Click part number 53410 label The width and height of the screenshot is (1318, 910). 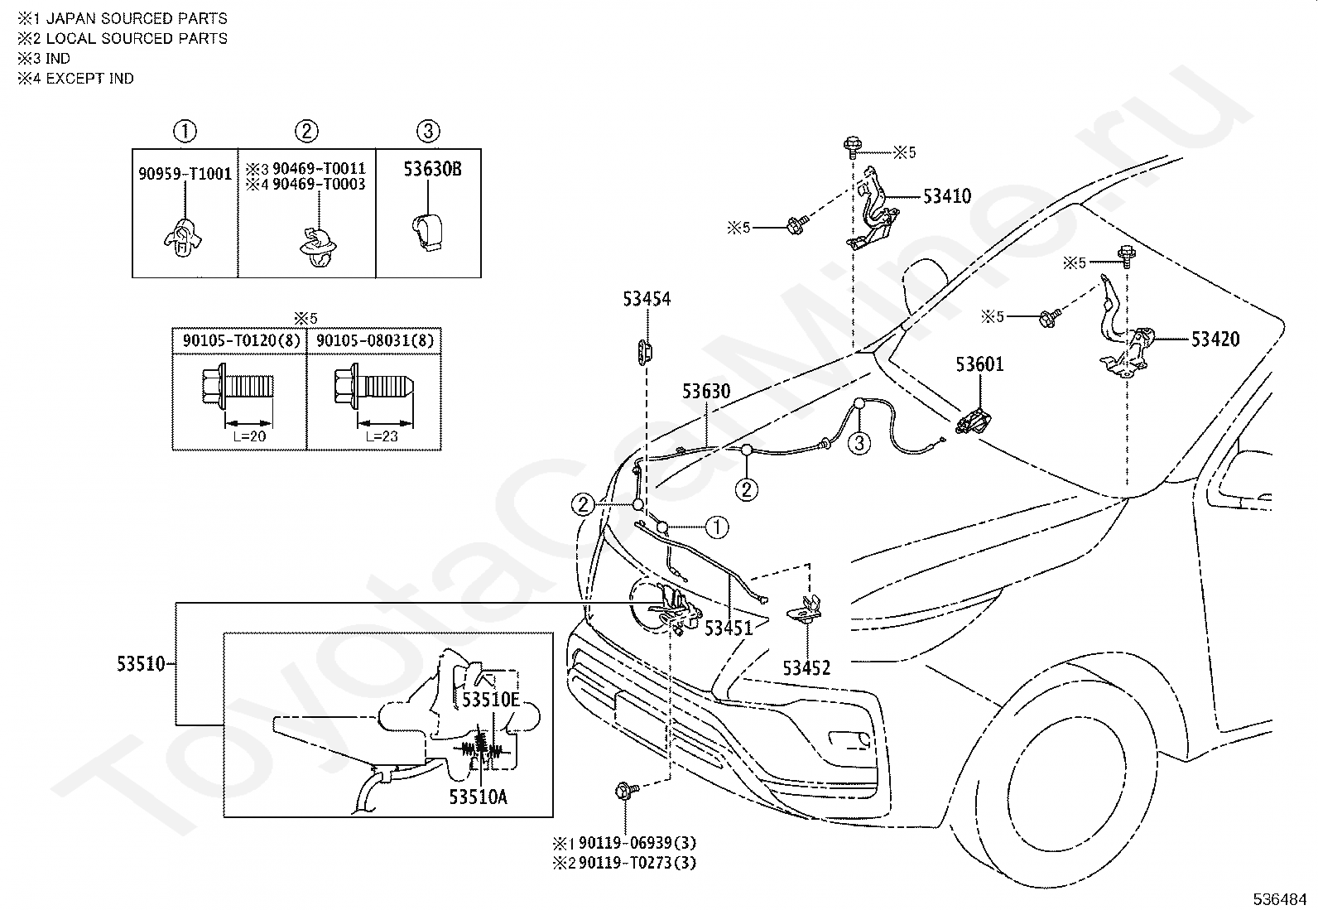coord(947,196)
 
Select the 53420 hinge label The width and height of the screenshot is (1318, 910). coord(1215,339)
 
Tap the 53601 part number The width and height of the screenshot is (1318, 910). coord(979,364)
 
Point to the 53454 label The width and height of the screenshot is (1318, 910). coord(647,299)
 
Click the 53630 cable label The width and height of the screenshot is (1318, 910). coord(706,392)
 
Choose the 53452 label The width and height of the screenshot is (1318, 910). coord(806,668)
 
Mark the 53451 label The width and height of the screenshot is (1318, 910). coord(729,628)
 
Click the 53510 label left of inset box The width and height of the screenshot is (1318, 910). coord(141,664)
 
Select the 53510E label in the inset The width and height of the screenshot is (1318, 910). coord(491,700)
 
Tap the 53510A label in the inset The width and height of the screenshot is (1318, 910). coord(478,797)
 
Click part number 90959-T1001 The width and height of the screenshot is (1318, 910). coord(185,174)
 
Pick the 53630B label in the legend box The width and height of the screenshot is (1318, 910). coord(432,169)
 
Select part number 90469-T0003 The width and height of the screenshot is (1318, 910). coord(319,185)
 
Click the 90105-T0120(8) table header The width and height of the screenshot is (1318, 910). coord(241,341)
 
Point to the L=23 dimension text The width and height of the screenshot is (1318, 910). coord(382,436)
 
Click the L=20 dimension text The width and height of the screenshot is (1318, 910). coord(249,436)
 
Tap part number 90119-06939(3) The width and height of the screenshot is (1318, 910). coord(637,843)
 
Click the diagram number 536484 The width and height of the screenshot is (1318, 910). coord(1279,898)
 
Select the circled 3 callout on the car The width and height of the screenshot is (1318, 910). coord(859,443)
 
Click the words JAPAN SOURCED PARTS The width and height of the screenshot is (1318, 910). coord(137,19)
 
